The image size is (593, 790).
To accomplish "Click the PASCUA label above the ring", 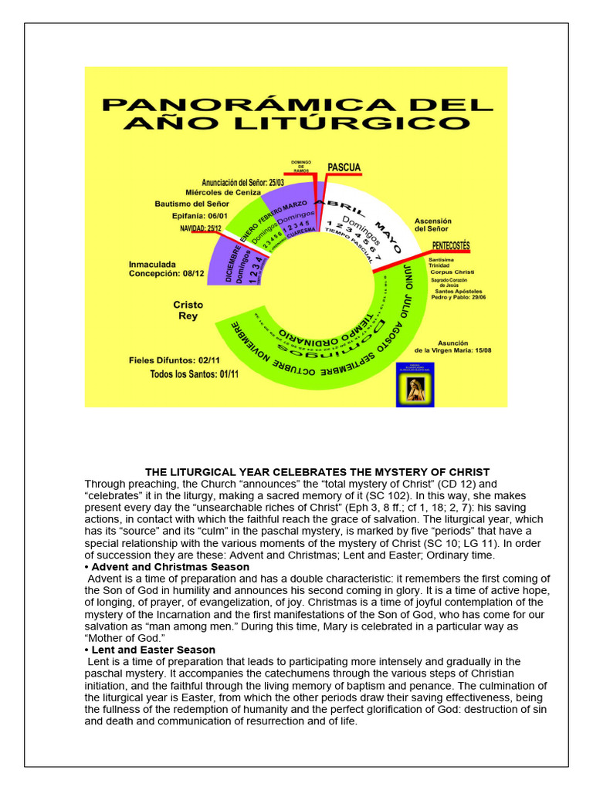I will pos(344,167).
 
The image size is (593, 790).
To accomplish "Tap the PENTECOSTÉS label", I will pos(451,245).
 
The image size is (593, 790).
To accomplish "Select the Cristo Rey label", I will pos(188,310).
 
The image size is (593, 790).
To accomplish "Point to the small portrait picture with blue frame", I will pos(415,384).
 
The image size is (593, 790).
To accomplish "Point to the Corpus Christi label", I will pos(453,273).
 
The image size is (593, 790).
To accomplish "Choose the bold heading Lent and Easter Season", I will pos(152,650).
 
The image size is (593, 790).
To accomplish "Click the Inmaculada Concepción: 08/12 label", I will pos(167,268).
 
